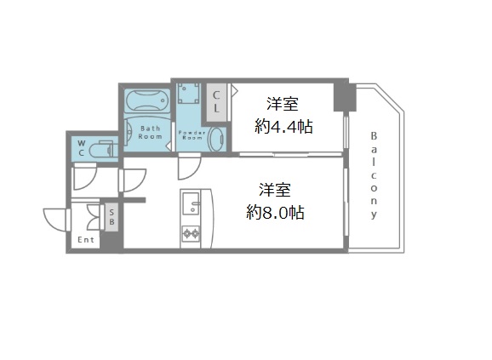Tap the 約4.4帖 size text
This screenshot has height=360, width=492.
point(283,127)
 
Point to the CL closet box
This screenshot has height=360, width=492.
point(217,102)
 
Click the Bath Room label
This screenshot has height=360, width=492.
point(151,131)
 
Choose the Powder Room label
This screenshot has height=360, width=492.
point(189,134)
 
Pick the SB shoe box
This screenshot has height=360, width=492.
point(112,216)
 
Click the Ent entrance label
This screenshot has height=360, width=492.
point(86,239)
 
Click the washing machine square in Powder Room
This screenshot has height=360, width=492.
point(187,95)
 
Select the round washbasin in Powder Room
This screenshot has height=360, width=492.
point(215,139)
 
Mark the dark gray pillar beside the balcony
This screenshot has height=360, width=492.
point(341,94)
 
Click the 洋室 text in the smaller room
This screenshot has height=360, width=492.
point(282,105)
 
